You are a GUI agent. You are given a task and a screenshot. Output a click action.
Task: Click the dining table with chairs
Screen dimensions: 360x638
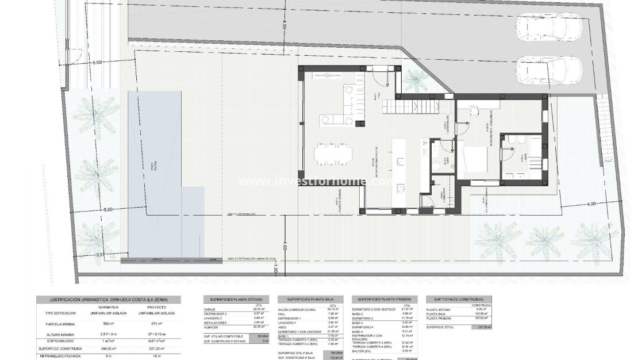(333, 154)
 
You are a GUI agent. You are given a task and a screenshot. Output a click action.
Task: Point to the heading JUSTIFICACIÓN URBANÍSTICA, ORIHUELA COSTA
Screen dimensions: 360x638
(108, 300)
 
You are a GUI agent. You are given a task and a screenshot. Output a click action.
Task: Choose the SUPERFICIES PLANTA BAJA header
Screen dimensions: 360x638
(310, 300)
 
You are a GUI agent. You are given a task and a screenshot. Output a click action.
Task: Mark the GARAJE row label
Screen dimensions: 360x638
(210, 309)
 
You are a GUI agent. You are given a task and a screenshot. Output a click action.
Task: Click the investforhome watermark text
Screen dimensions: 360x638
(315, 182)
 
